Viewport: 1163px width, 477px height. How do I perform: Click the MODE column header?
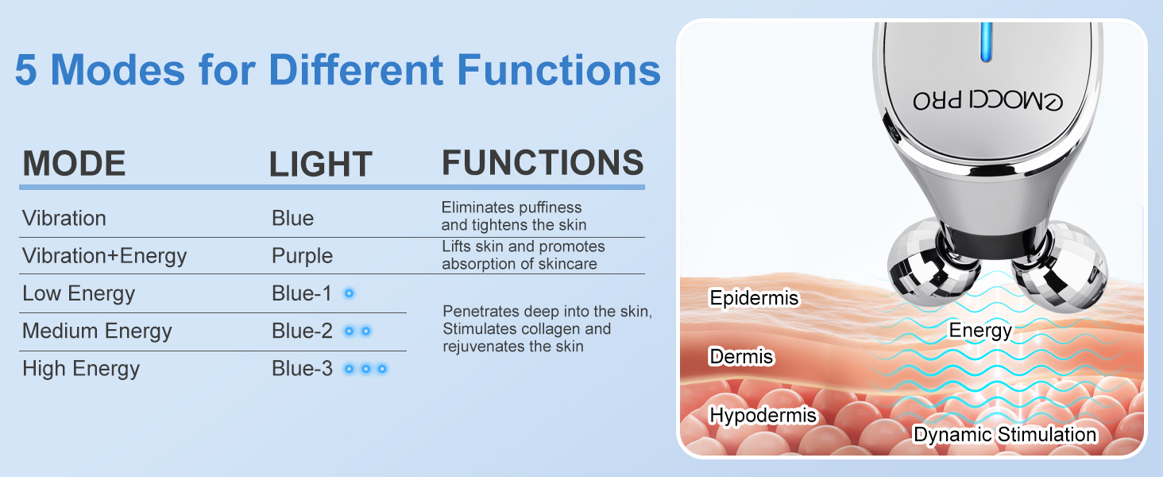(74, 163)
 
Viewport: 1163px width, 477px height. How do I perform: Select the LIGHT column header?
(320, 165)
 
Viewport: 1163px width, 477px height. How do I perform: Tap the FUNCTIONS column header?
(543, 162)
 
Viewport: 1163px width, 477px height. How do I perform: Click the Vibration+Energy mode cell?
(104, 256)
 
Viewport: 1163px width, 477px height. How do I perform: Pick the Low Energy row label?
(79, 293)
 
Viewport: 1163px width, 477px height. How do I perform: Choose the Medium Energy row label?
(97, 331)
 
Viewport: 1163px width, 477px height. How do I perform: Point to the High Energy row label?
(81, 368)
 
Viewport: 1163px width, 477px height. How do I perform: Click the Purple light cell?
(302, 256)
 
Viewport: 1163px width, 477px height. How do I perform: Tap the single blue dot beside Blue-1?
(349, 293)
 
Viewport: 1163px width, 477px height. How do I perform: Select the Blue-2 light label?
(302, 331)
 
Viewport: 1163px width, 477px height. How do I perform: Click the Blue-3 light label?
(302, 368)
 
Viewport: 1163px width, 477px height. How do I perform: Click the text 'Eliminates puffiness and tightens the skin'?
(513, 216)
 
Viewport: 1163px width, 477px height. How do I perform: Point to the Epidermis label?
(754, 298)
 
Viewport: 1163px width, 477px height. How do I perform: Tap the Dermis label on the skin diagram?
(741, 356)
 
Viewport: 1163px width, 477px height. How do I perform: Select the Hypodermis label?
(763, 415)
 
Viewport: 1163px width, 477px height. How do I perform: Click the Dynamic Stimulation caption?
(1005, 435)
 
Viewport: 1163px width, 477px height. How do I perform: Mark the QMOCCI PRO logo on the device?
(988, 100)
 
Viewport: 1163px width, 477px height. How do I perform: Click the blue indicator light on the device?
(986, 41)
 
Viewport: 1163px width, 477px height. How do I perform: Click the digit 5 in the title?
(26, 70)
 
